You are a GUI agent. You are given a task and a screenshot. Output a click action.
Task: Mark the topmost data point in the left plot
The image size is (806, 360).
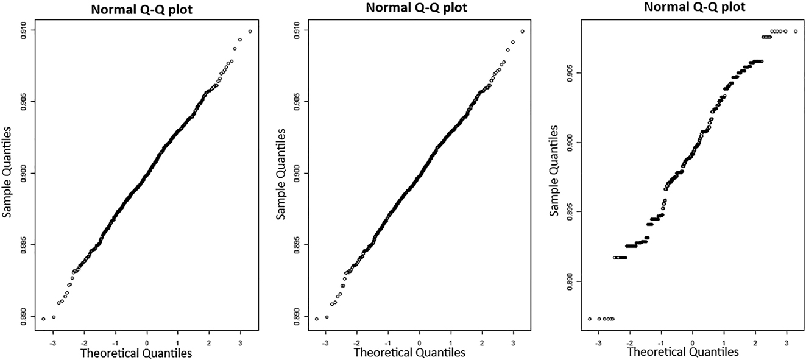(250, 31)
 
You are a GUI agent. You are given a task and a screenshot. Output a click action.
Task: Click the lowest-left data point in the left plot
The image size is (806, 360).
(43, 319)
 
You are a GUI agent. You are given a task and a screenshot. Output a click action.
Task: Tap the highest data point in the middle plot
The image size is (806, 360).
(522, 31)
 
